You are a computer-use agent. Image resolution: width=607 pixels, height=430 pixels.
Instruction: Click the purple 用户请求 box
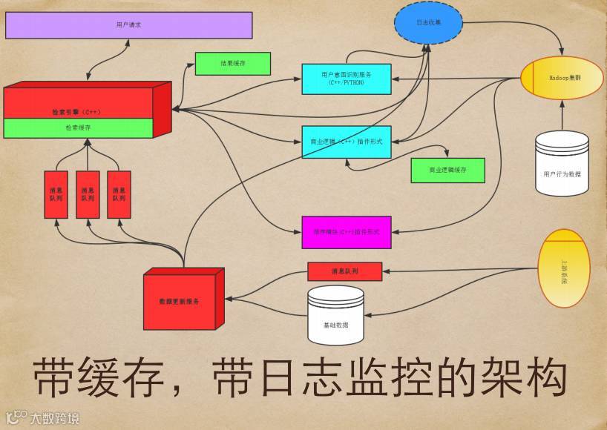pyautogui.click(x=128, y=25)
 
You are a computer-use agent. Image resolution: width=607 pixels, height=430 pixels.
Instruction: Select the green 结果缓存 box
pyautogui.click(x=232, y=64)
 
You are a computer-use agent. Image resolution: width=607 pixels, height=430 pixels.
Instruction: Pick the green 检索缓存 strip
pyautogui.click(x=78, y=128)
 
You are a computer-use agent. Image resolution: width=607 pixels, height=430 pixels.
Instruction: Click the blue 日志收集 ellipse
pyautogui.click(x=428, y=23)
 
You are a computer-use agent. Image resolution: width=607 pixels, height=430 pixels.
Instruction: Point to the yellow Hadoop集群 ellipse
pyautogui.click(x=561, y=77)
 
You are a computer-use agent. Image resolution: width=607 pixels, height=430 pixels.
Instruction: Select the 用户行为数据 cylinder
pyautogui.click(x=562, y=165)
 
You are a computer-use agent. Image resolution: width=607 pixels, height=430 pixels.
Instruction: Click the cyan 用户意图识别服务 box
pyautogui.click(x=347, y=79)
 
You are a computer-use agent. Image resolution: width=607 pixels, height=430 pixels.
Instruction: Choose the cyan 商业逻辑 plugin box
pyautogui.click(x=347, y=142)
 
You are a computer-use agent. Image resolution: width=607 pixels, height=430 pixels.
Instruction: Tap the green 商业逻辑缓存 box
pyautogui.click(x=447, y=170)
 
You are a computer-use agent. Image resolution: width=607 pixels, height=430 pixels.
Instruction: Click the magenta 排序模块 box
pyautogui.click(x=347, y=232)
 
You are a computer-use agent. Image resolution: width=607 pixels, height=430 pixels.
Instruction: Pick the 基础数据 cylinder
pyautogui.click(x=336, y=315)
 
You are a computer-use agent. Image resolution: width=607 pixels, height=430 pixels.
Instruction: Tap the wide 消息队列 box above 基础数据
pyautogui.click(x=344, y=271)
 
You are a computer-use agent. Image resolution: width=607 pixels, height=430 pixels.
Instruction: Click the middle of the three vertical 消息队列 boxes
pyautogui.click(x=88, y=195)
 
